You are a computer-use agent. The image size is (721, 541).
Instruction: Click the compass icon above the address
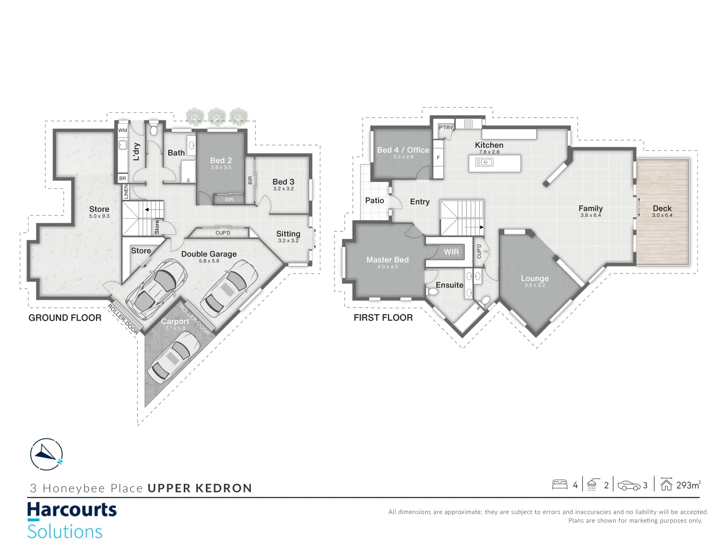pos(47,454)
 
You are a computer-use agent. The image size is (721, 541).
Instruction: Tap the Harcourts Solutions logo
pos(72,520)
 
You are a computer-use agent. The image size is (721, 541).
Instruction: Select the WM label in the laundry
pos(123,130)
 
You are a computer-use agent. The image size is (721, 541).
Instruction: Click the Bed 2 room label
pos(221,160)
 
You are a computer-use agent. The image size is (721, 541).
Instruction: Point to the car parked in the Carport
pos(174,357)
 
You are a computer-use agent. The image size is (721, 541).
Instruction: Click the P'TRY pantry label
pos(446,127)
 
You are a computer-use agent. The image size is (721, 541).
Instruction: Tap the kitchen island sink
pos(484,162)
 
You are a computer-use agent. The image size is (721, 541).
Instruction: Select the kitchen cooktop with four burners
pos(468,124)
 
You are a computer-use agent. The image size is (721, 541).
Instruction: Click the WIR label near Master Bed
pos(451,252)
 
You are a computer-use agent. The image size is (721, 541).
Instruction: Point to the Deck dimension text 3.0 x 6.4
pos(662,215)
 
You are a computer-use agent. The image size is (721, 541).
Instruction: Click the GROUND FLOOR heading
pos(65,318)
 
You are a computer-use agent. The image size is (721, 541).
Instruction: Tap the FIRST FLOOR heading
pos(383,317)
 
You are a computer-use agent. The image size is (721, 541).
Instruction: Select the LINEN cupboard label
pos(126,191)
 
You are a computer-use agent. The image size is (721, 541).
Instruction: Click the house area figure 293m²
pos(688,485)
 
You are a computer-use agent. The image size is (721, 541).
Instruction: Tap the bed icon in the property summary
pos(560,485)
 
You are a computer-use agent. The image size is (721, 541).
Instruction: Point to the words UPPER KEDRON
pos(200,488)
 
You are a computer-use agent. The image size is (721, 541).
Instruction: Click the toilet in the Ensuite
pos(432,292)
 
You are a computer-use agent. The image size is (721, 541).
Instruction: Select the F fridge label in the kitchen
pos(438,158)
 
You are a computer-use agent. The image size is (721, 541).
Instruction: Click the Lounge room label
pos(535,278)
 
